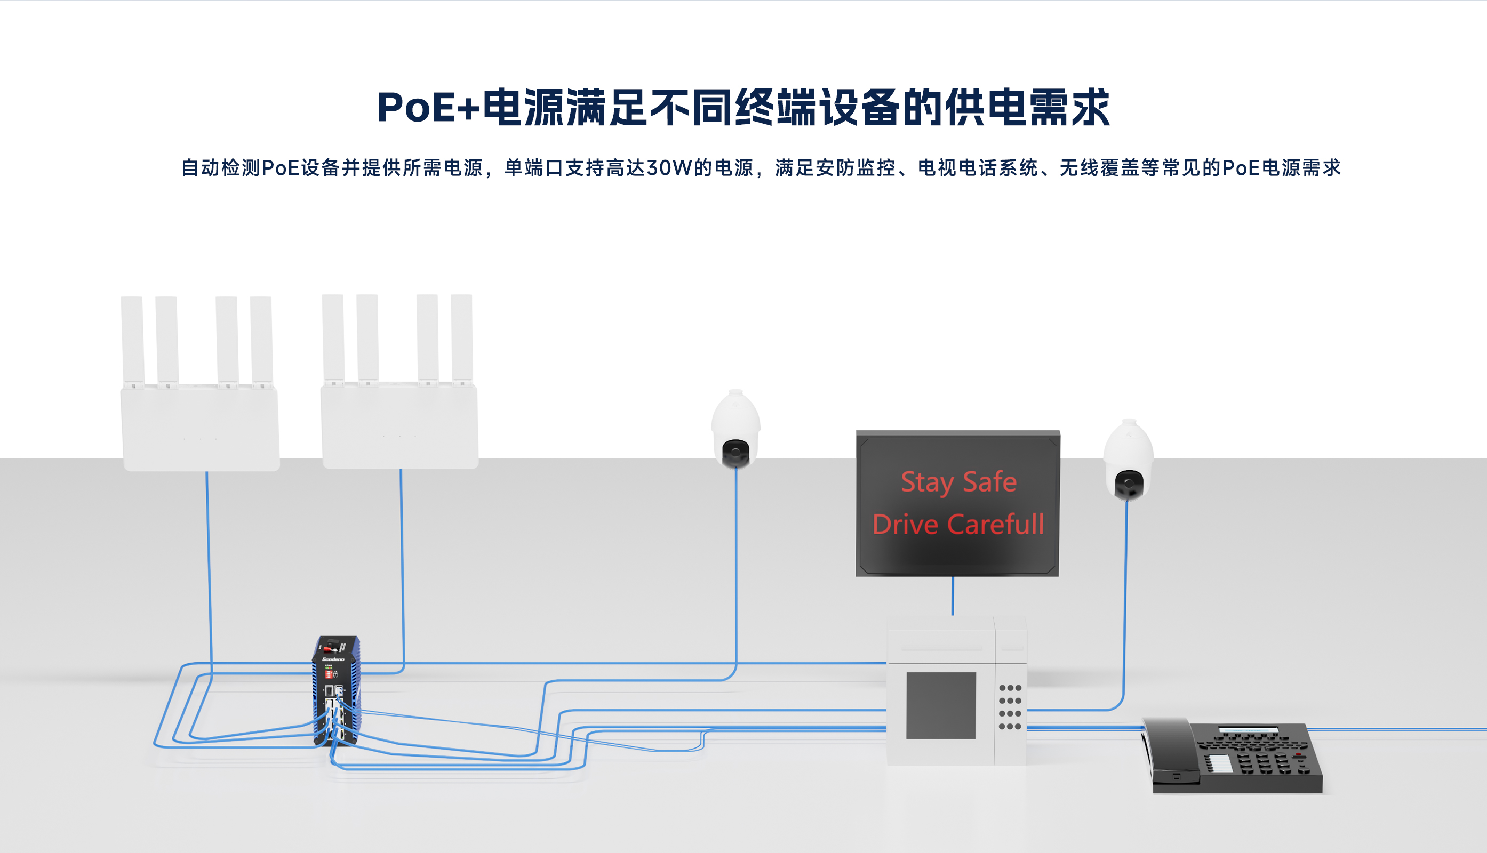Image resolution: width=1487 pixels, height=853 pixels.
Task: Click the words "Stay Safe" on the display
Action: tap(958, 482)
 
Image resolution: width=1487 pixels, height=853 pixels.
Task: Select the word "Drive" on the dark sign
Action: tap(905, 525)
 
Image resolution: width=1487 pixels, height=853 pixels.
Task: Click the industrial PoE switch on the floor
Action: tap(336, 691)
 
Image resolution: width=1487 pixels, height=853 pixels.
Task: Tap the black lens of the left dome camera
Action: tap(735, 452)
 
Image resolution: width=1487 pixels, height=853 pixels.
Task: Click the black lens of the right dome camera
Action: tap(1128, 485)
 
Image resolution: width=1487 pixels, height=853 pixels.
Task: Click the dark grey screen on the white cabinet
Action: tap(941, 705)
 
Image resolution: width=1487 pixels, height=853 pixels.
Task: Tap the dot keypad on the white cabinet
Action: tap(1010, 707)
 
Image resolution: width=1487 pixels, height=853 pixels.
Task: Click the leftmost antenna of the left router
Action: tap(132, 340)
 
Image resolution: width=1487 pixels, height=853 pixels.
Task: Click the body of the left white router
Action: tap(200, 428)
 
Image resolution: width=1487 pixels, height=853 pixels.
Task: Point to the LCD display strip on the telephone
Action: tap(1249, 729)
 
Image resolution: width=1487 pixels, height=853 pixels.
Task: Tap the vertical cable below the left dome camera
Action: tap(736, 562)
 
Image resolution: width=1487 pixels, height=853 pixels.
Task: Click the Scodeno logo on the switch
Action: tap(333, 659)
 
